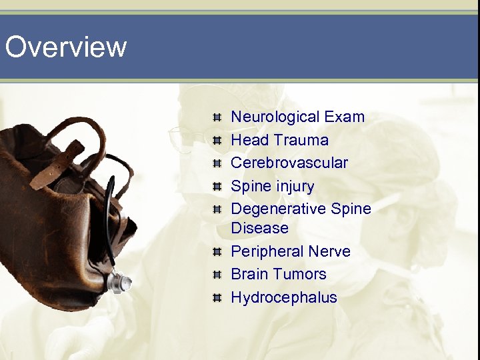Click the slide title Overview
point(65,47)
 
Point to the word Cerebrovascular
point(289,163)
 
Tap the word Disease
point(259,228)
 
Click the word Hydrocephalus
point(284,297)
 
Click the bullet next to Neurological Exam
point(217,118)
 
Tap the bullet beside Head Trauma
point(217,141)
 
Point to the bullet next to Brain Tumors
point(217,275)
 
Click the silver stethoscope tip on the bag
point(121,283)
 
